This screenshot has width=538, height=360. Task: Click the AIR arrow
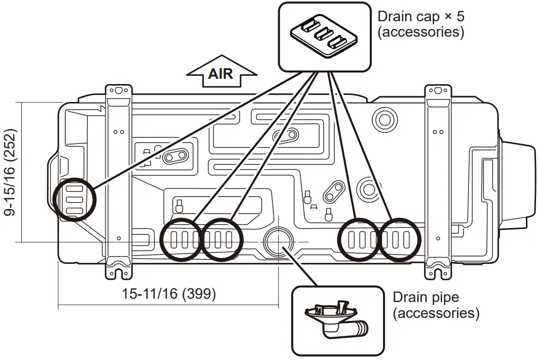222,74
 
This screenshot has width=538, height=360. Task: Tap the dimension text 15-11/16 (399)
168,294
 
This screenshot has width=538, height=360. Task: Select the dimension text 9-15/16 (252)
11,172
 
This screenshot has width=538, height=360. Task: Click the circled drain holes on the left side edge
74,199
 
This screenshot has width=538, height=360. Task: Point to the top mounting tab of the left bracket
118,91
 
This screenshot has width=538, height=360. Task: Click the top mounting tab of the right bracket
438,91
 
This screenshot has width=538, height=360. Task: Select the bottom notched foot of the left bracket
118,273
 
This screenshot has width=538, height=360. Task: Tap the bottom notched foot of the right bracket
438,273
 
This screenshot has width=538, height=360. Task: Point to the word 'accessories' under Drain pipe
436,313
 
